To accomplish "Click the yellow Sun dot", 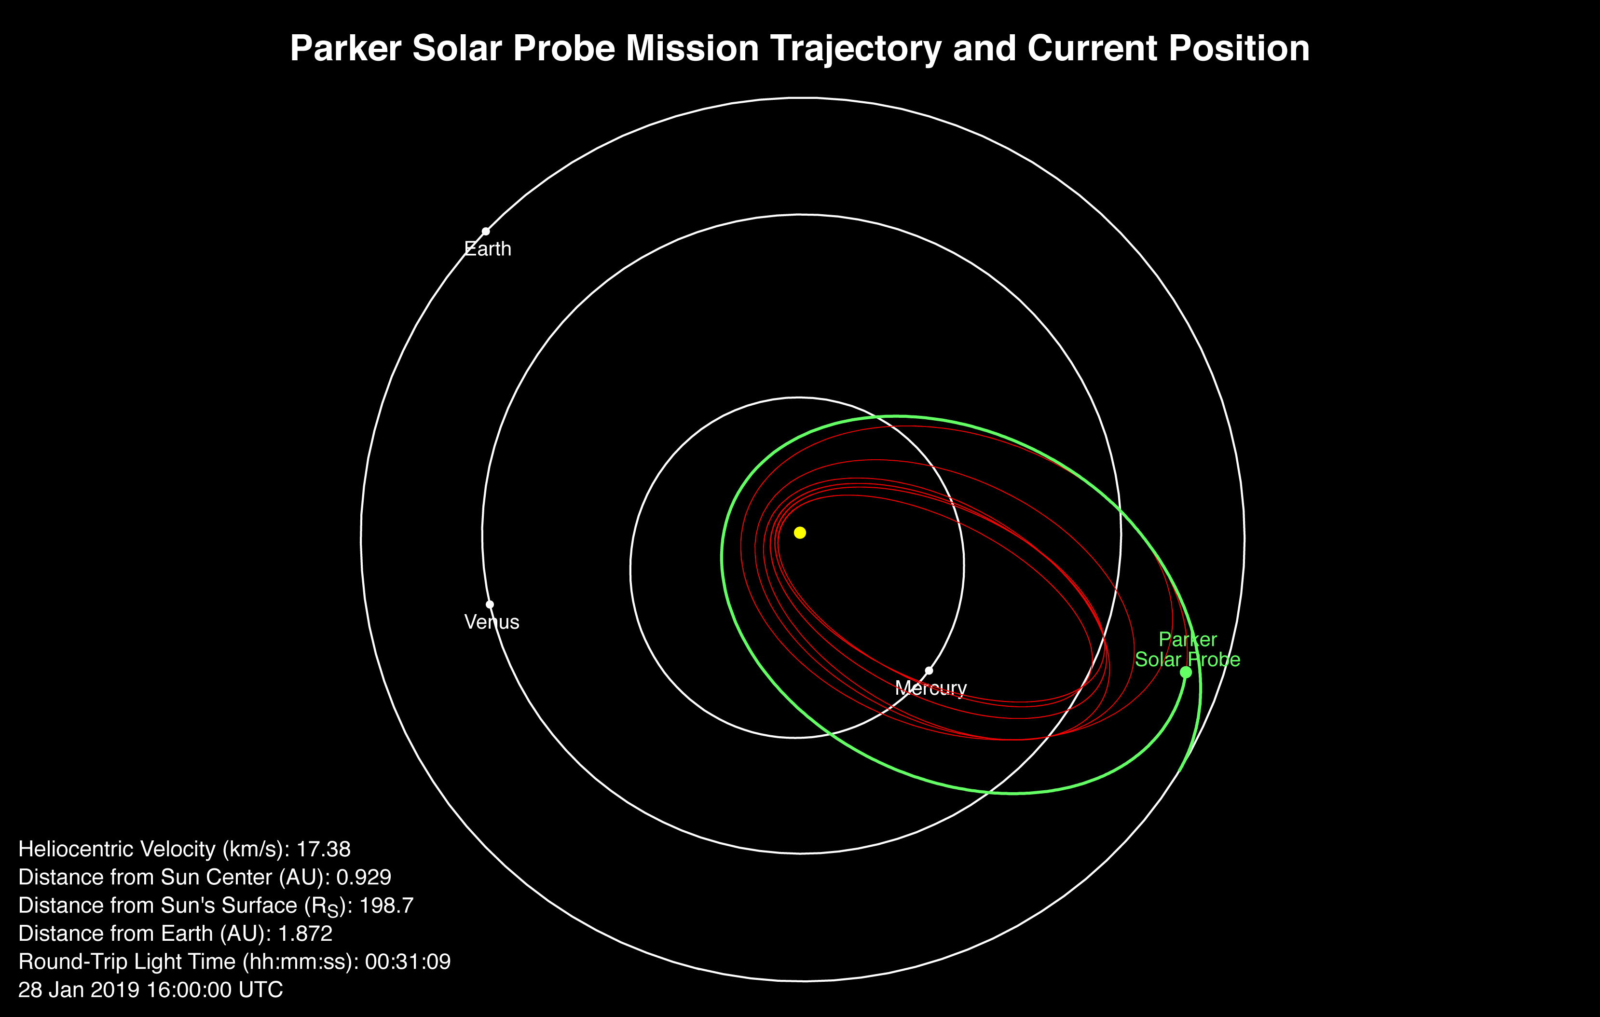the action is coord(800,533).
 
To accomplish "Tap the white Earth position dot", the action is coord(486,231).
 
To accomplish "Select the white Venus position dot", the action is coord(490,604).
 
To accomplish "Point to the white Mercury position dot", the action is coord(929,671).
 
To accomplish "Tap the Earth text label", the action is coord(488,249).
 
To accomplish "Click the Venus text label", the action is coord(492,622).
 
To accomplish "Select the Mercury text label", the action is coord(931,688).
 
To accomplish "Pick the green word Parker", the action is coord(1188,639).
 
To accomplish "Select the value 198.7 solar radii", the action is coord(387,906).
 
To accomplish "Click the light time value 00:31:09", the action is coord(408,962).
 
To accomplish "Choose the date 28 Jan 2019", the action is coord(79,990).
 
